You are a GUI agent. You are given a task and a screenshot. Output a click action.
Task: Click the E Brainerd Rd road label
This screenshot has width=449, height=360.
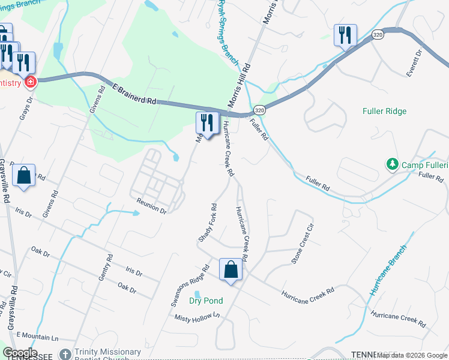[x=135, y=94]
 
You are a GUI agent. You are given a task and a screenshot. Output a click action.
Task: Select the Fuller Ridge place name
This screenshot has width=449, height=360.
[x=384, y=111]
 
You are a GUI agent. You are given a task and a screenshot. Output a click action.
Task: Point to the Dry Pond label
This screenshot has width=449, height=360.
[x=206, y=301]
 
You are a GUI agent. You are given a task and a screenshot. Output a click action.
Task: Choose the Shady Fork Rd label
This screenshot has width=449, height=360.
[x=207, y=224]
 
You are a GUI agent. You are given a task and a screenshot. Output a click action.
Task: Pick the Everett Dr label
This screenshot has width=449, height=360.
[x=415, y=62]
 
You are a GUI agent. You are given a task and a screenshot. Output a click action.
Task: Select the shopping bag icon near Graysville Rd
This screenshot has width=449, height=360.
[x=23, y=176]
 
